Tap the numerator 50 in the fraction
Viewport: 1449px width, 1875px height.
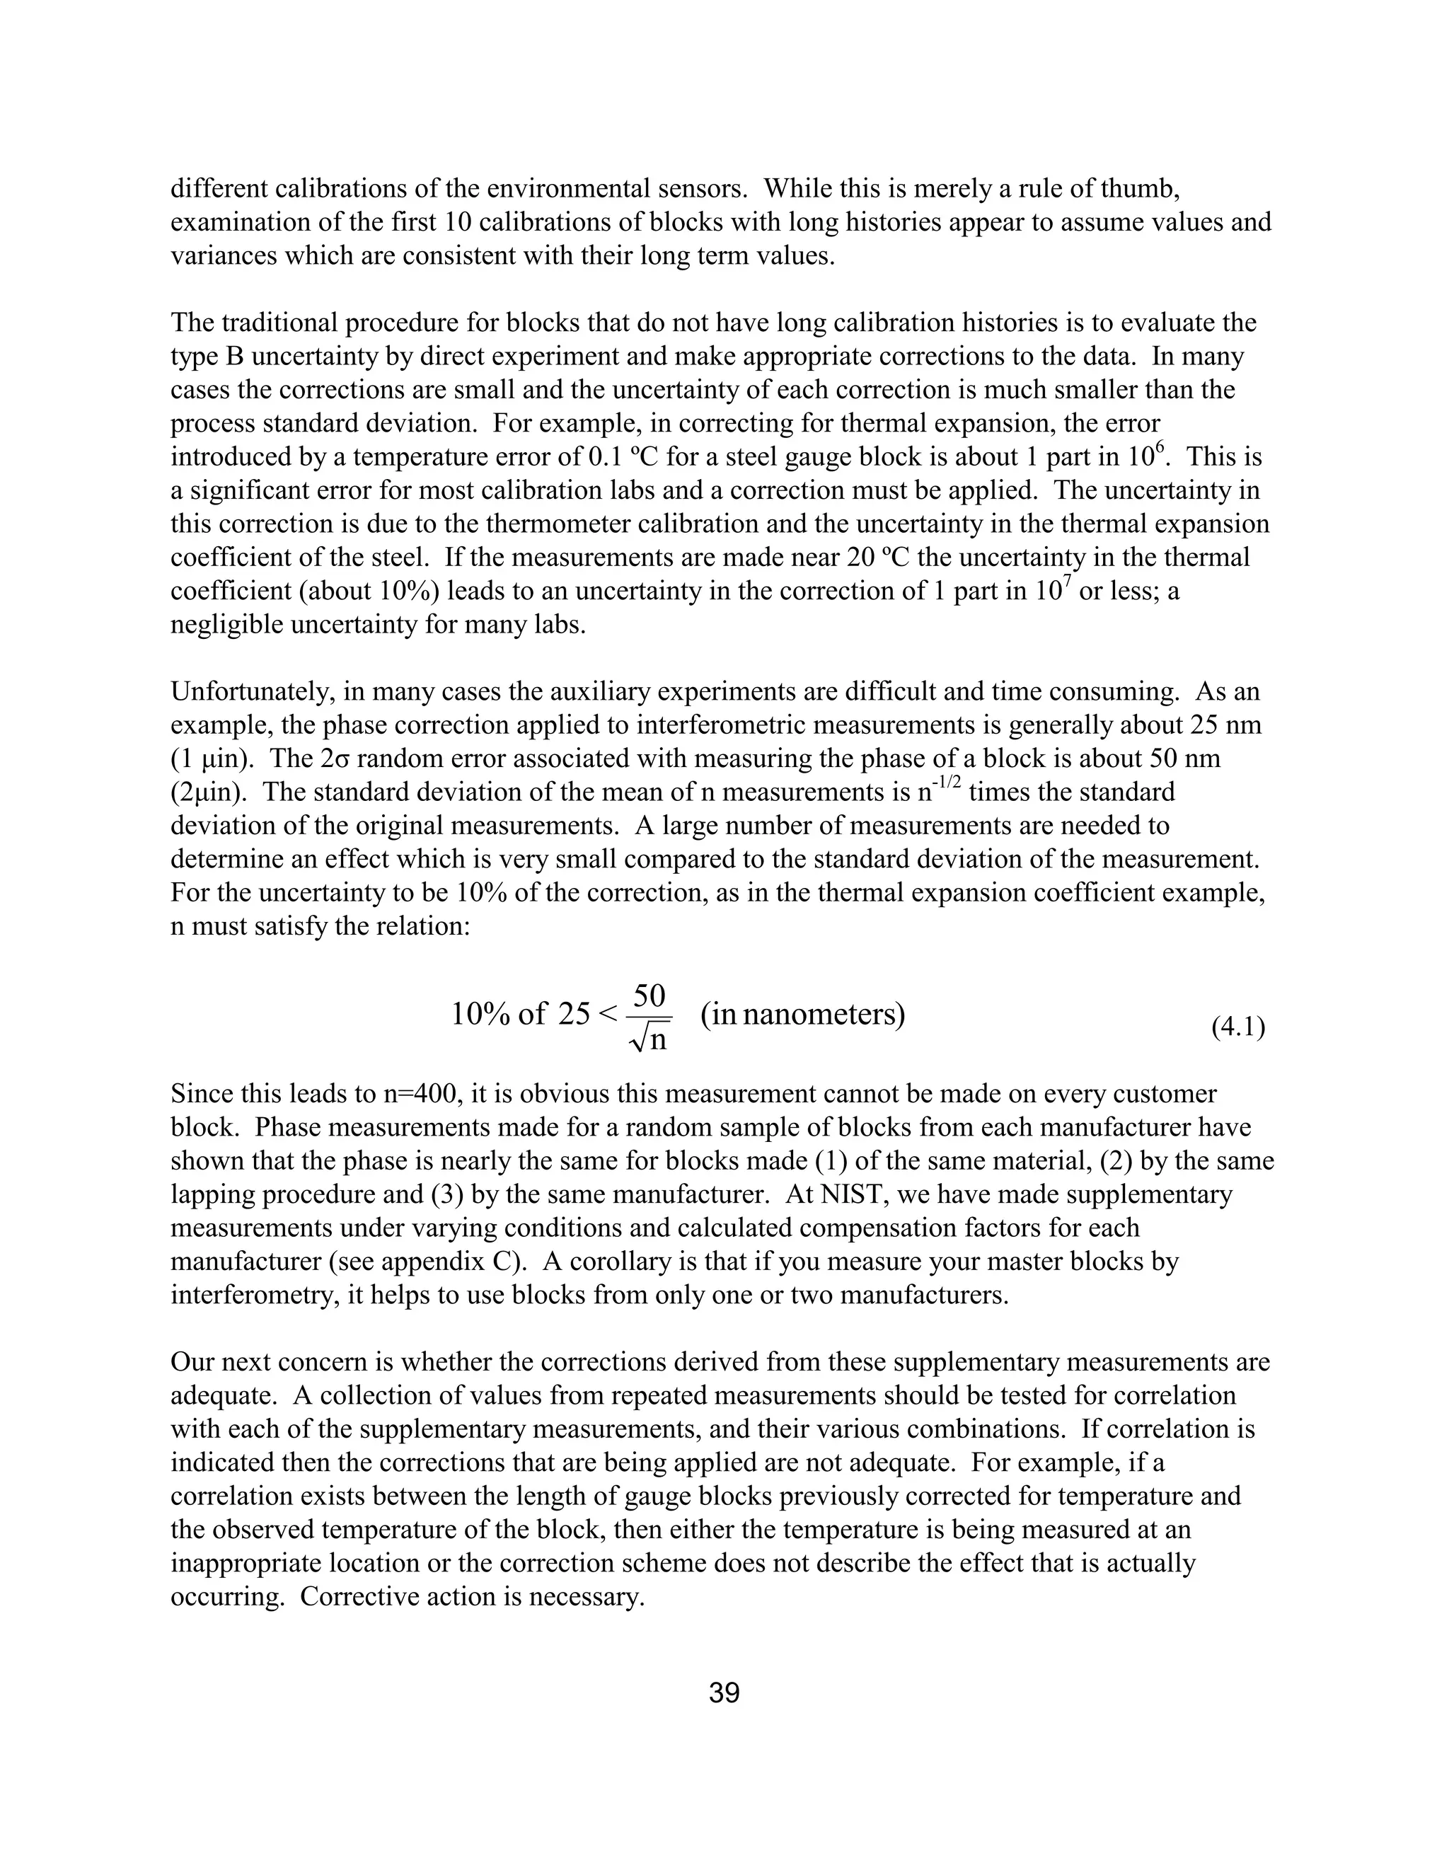[x=649, y=996]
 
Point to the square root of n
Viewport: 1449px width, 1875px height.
[x=649, y=1039]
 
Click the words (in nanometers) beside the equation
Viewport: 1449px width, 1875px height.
[x=802, y=1015]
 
